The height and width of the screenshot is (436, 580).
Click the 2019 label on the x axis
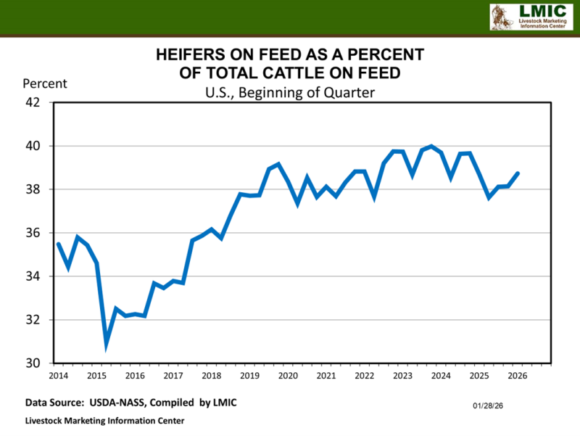click(249, 376)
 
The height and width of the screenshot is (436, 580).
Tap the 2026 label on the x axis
click(517, 376)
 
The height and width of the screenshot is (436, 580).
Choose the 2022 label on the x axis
click(365, 376)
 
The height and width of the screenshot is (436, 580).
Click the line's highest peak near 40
click(432, 147)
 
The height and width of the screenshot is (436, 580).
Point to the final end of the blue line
click(518, 173)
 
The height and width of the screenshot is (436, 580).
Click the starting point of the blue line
click(58, 244)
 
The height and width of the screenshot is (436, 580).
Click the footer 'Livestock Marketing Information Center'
click(104, 421)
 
